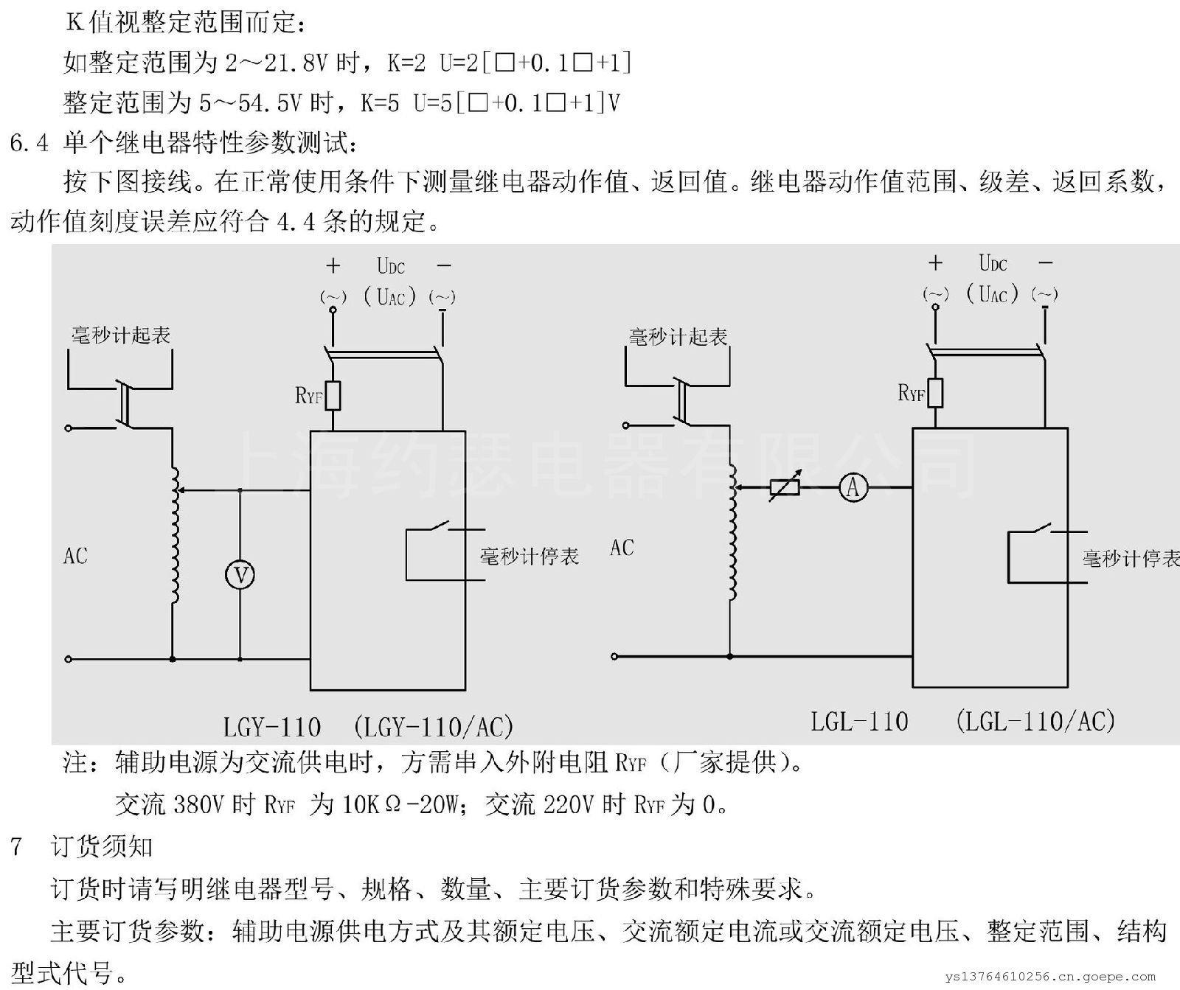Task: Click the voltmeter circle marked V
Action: click(240, 575)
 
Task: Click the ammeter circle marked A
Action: click(853, 487)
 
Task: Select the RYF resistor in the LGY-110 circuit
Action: click(333, 396)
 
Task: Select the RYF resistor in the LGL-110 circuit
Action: click(935, 393)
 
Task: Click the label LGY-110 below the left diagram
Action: click(272, 728)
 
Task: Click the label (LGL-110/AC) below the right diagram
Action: click(1035, 720)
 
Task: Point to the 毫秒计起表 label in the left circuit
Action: click(121, 335)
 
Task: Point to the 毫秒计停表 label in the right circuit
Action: click(1131, 559)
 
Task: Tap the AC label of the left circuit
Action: click(75, 556)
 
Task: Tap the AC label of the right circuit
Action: click(622, 548)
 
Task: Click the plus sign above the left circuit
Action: click(333, 265)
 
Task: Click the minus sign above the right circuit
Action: click(1045, 262)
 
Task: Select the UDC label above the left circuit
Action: click(391, 265)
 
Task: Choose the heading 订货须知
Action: click(102, 846)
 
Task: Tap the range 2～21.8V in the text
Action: click(276, 63)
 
